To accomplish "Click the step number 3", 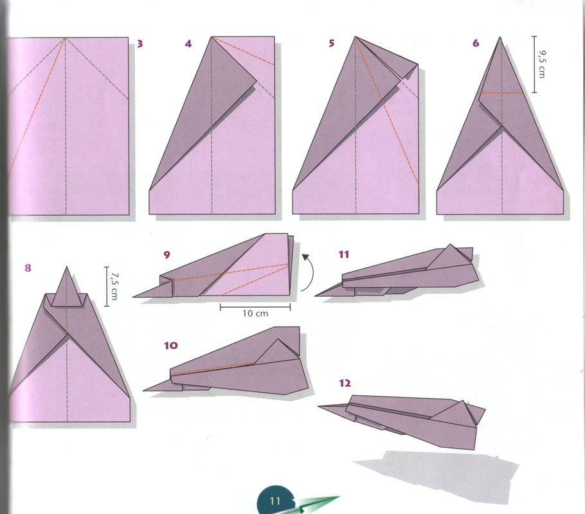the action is point(139,44).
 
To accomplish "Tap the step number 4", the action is point(188,44).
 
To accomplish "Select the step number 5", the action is point(331,43).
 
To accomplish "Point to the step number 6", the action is point(475,43).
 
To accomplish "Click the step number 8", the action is point(28,268).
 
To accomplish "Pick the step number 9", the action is point(166,254).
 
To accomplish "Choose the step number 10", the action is point(171,346).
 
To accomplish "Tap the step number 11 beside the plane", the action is point(344,254).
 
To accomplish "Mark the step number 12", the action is point(345,383).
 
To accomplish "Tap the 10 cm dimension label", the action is point(255,314).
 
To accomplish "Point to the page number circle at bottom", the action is point(274,501).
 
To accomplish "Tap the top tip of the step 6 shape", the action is point(500,37).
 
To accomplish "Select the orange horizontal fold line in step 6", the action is point(500,93).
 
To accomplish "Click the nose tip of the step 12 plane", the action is point(318,407).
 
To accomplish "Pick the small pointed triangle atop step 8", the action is point(67,288).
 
